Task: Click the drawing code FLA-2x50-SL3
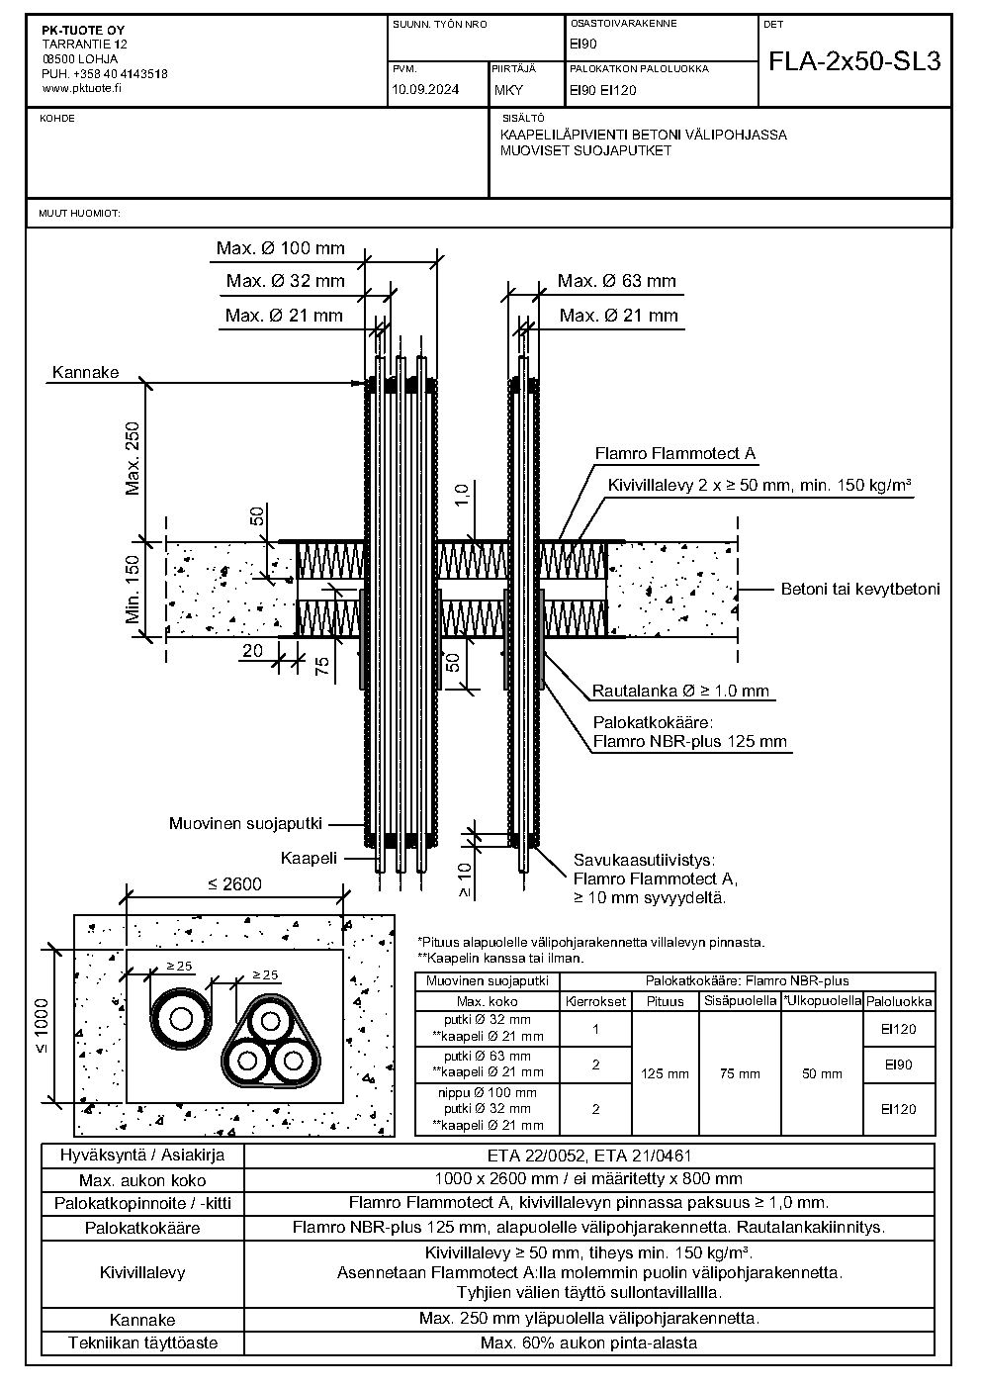tap(854, 61)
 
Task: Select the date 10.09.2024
tap(425, 89)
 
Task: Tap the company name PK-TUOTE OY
tap(84, 31)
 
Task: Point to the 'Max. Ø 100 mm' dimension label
tap(281, 248)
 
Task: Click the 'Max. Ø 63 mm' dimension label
tap(617, 281)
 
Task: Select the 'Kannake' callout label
tap(85, 372)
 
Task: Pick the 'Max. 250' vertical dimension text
tap(133, 458)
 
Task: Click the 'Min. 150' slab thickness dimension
tap(133, 590)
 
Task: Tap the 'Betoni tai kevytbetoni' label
tap(860, 590)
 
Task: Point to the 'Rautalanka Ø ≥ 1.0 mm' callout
tap(680, 691)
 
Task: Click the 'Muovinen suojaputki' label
tap(246, 823)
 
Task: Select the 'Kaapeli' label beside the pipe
tap(310, 858)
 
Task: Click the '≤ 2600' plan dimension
tap(234, 884)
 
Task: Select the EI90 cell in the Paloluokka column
tap(899, 1064)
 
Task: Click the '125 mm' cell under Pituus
tap(666, 1073)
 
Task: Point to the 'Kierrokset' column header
tap(595, 1001)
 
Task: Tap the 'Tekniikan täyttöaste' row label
tap(143, 1342)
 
